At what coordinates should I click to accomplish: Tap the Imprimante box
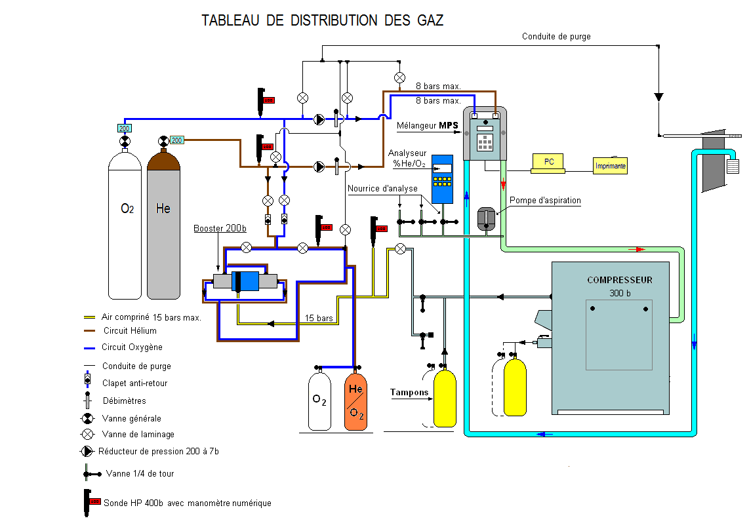[610, 166]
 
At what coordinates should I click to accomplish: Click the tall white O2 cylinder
[125, 223]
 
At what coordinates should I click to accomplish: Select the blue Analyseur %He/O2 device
[443, 178]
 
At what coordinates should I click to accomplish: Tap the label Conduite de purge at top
[556, 37]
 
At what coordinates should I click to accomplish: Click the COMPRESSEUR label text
[619, 280]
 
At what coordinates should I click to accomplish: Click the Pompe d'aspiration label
[545, 200]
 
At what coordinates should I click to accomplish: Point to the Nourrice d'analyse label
[382, 189]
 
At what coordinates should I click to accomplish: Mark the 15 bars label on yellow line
[319, 319]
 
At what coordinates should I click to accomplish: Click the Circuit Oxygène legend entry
[132, 347]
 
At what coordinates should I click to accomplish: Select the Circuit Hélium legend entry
[129, 331]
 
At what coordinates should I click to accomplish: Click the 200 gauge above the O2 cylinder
[124, 128]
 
